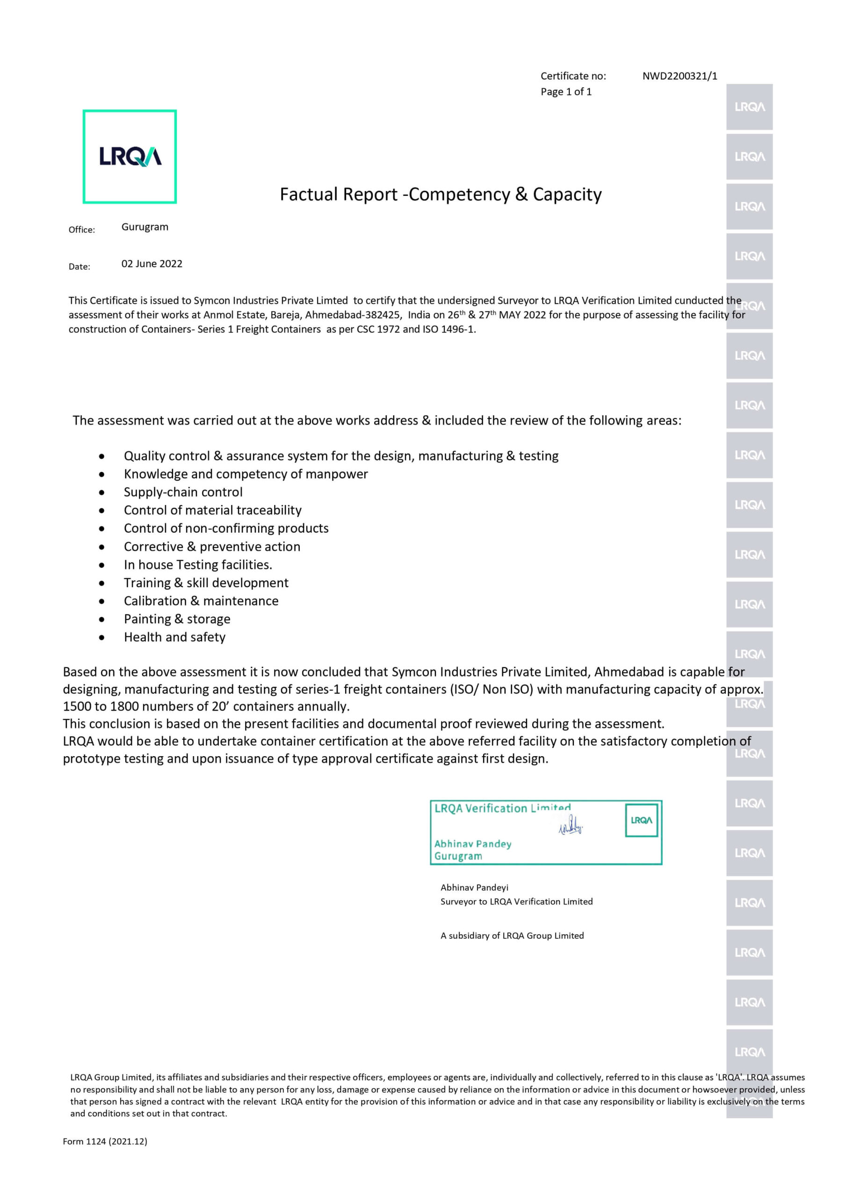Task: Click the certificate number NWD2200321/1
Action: point(679,76)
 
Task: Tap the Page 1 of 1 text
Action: point(566,92)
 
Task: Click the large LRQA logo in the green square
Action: point(130,156)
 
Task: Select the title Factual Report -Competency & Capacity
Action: point(441,195)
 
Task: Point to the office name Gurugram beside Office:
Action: point(145,227)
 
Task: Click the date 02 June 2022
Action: point(152,264)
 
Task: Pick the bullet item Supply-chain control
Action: point(183,492)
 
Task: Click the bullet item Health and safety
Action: point(175,637)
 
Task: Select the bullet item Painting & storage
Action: point(177,619)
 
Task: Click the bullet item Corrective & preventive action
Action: point(212,547)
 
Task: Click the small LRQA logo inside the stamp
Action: point(641,820)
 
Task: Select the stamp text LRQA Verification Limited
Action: point(502,808)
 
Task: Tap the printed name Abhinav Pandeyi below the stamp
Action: point(474,887)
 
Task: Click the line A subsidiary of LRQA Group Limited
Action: point(512,935)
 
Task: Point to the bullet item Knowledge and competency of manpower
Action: point(246,474)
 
